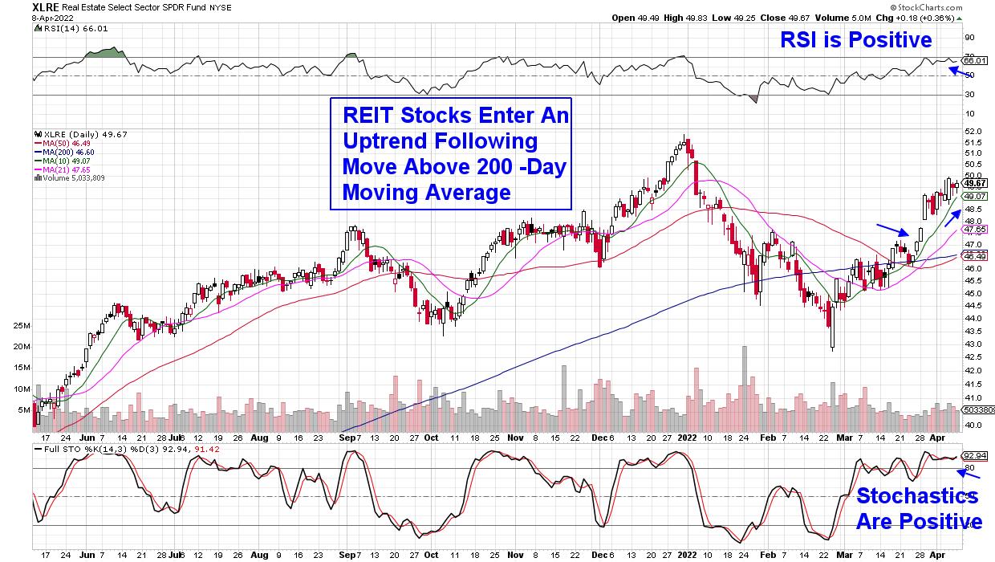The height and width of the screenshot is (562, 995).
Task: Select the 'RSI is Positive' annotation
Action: point(856,39)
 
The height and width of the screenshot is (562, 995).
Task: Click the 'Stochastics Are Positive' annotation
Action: point(918,508)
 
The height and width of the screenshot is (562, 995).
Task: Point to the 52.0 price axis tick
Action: point(973,131)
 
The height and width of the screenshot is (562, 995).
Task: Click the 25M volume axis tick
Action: point(21,326)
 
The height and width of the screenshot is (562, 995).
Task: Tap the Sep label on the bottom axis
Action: point(347,554)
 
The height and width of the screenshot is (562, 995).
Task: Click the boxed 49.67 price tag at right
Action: point(976,184)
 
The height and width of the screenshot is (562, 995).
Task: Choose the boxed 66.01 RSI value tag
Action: point(977,60)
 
